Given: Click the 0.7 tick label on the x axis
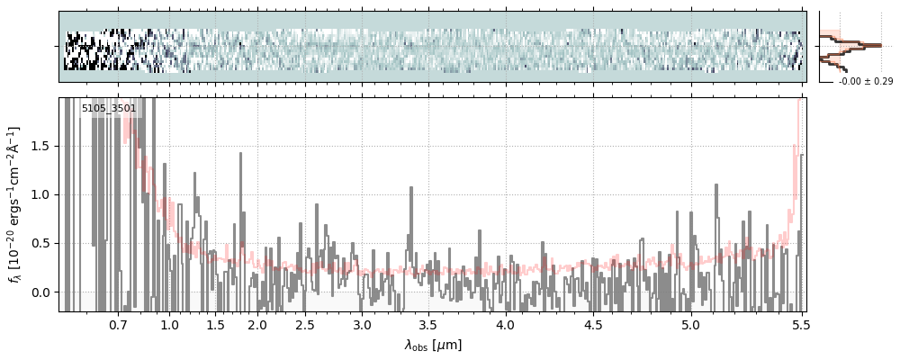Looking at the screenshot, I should coord(118,324).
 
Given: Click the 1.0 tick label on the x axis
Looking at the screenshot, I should coord(169,324).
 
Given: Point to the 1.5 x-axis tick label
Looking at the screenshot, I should coord(216,324).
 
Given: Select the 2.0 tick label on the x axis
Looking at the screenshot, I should coord(257,324).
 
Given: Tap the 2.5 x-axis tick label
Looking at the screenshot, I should coord(305,324).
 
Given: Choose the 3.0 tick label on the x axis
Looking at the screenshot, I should coord(362,324).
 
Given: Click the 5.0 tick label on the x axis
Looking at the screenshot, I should coord(690,324).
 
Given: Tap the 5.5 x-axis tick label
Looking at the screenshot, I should coord(798,324).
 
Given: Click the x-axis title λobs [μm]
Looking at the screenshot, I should coord(433,344).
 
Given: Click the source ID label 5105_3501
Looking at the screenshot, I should coord(109,109).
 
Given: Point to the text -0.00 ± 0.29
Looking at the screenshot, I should coord(865,82).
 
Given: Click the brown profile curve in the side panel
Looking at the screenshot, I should coord(862,44).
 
